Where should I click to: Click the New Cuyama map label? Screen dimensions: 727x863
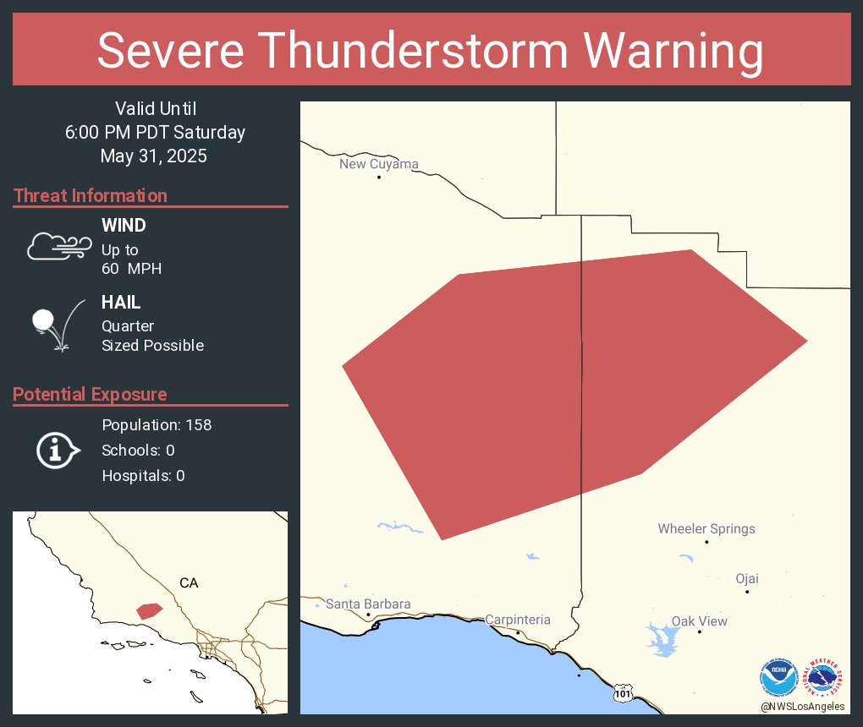pyautogui.click(x=378, y=164)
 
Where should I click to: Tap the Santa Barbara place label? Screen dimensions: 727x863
pyautogui.click(x=368, y=604)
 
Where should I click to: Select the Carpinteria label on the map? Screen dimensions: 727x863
pyautogui.click(x=517, y=620)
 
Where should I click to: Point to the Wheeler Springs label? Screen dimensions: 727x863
pyautogui.click(x=706, y=529)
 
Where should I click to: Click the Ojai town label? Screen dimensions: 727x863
pyautogui.click(x=746, y=579)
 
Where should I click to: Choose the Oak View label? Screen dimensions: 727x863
pyautogui.click(x=699, y=621)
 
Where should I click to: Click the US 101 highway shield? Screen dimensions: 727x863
pyautogui.click(x=623, y=692)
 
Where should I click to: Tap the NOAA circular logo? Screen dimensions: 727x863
pyautogui.click(x=779, y=678)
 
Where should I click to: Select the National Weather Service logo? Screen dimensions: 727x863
pyautogui.click(x=826, y=678)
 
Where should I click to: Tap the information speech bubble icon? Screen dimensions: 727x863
pyautogui.click(x=58, y=450)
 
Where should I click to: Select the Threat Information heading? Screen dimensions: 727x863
pyautogui.click(x=91, y=195)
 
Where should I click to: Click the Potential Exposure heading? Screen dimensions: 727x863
pyautogui.click(x=90, y=394)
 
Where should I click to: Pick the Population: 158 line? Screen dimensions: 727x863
pyautogui.click(x=157, y=424)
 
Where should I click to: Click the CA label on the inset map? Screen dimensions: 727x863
pyautogui.click(x=189, y=582)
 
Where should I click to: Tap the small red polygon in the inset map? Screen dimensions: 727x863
pyautogui.click(x=149, y=610)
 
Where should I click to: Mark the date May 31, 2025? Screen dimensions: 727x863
pyautogui.click(x=153, y=156)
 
